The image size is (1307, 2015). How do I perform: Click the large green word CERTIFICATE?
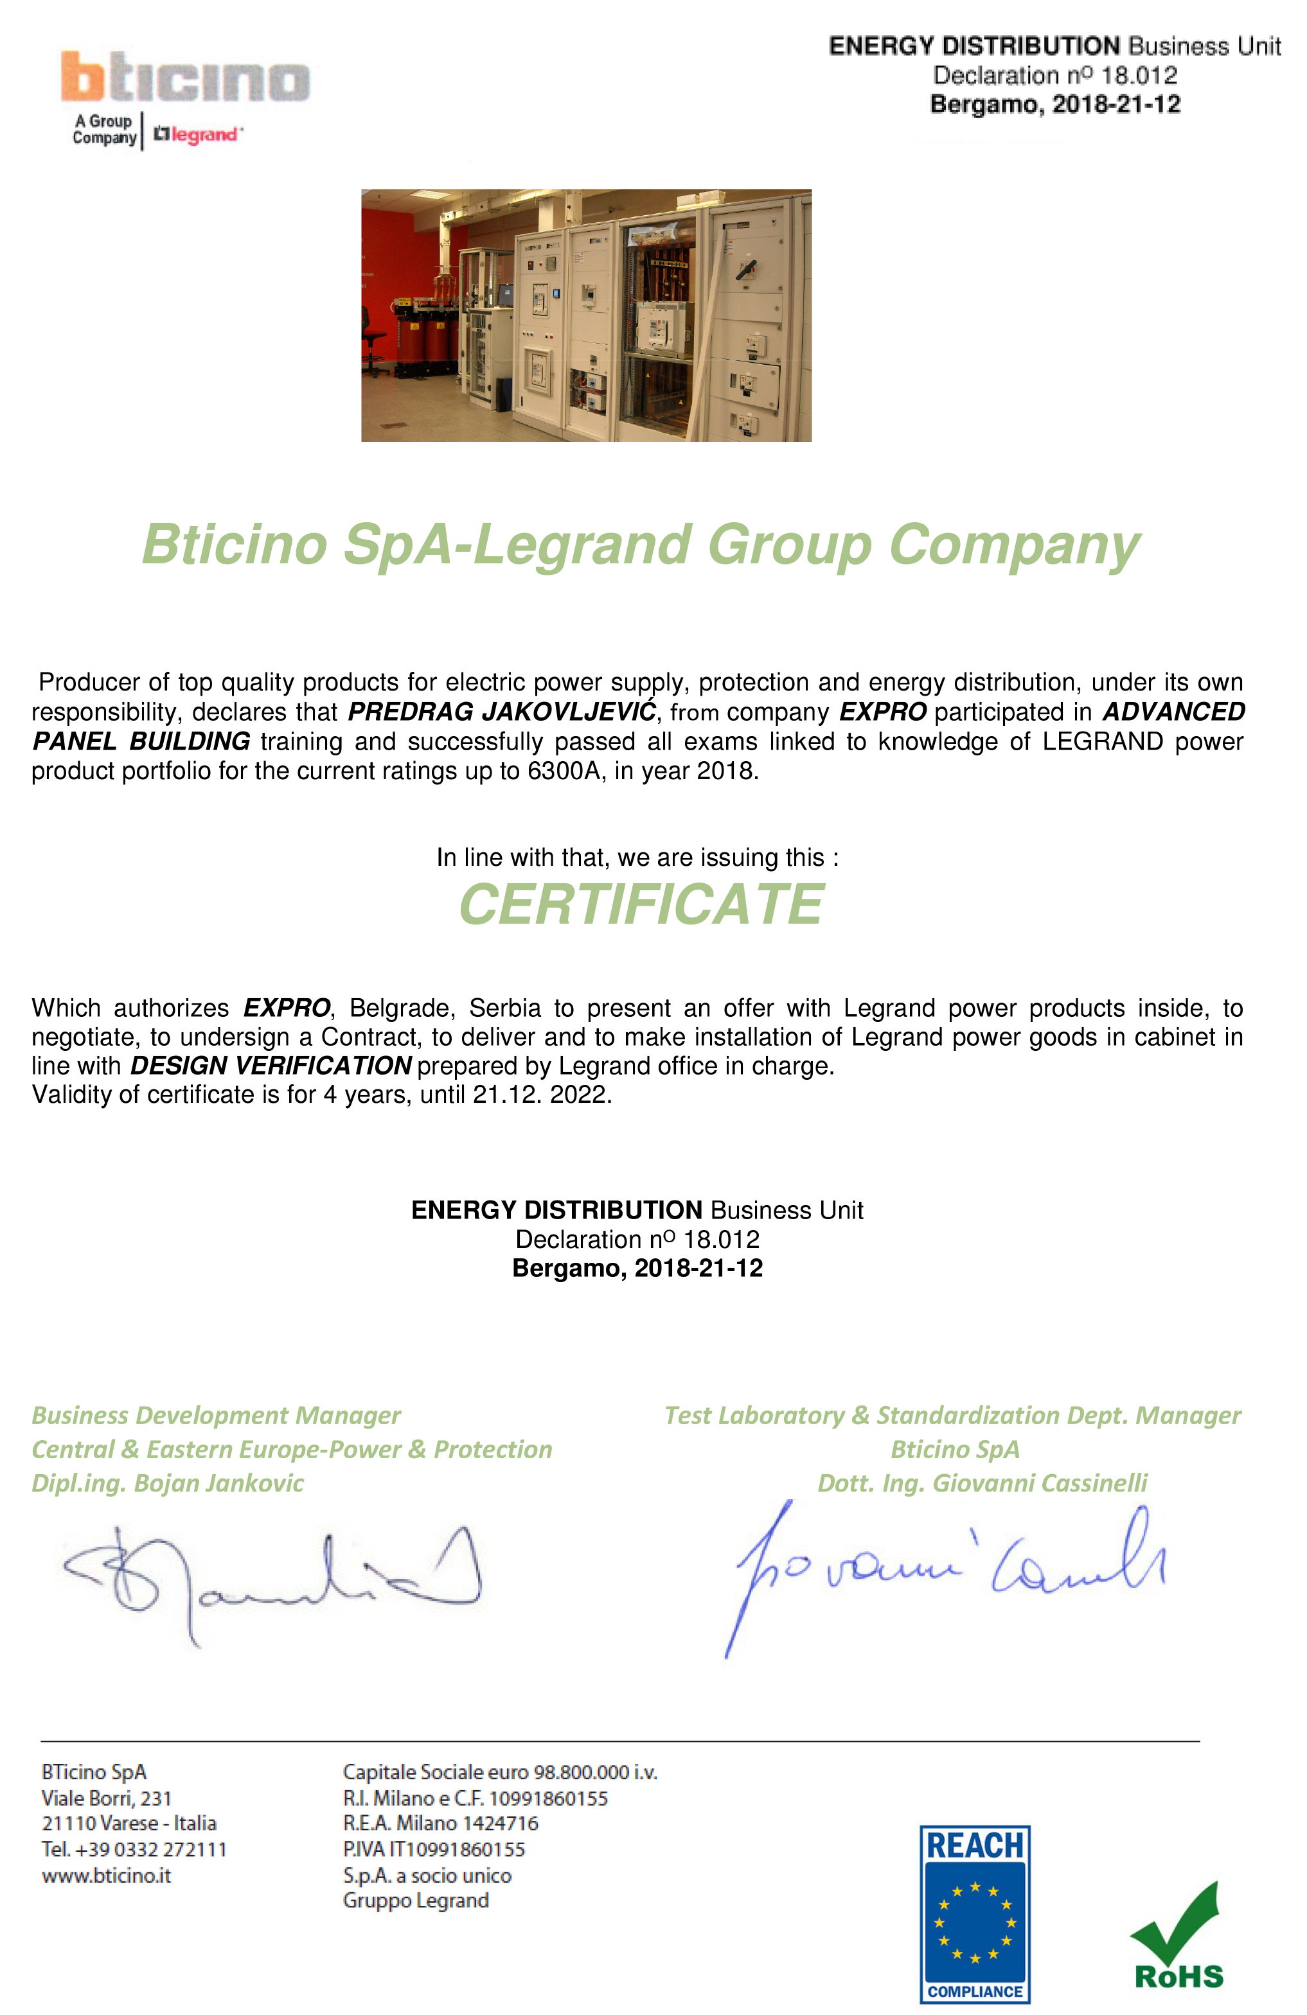(x=641, y=904)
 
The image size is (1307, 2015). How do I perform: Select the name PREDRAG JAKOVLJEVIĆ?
(x=501, y=712)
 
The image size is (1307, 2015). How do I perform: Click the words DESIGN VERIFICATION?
(x=271, y=1066)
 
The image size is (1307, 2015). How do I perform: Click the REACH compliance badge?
(x=974, y=1914)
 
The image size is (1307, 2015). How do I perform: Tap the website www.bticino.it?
(x=107, y=1876)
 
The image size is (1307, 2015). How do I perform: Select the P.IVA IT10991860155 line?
(x=434, y=1850)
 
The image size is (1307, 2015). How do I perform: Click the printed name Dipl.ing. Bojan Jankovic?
(x=167, y=1483)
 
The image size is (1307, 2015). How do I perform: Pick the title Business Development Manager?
(x=216, y=1416)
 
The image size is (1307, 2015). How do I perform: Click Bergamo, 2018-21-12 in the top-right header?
(x=1054, y=104)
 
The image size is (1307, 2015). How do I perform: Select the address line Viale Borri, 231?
(x=107, y=1799)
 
